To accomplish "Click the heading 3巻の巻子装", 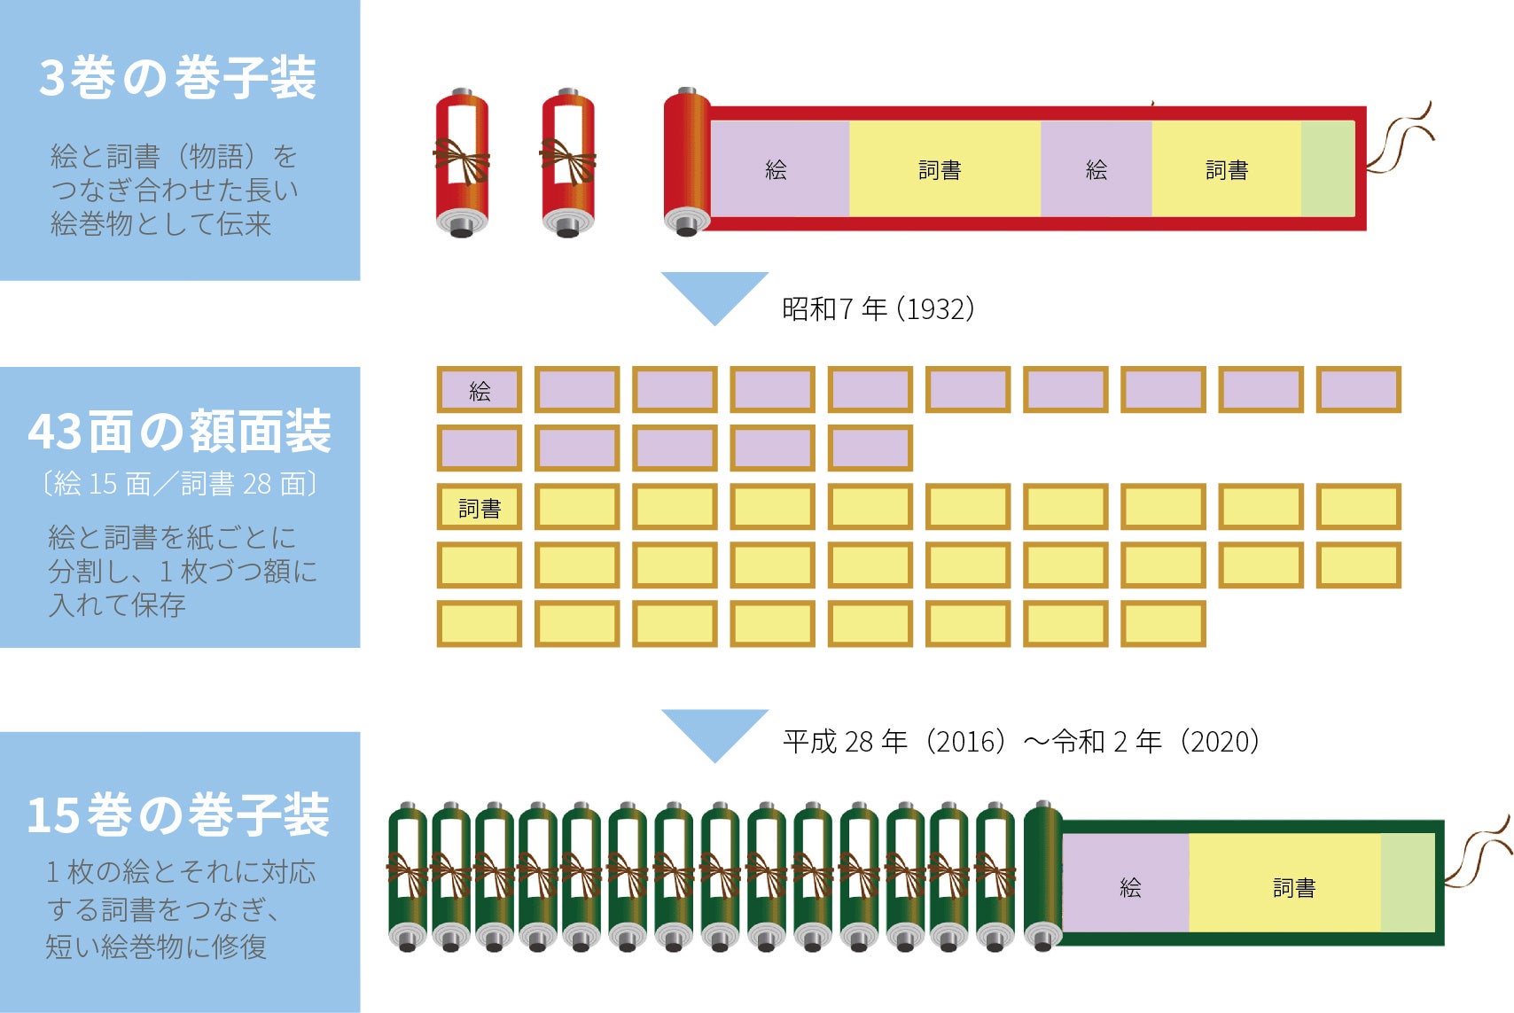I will (177, 77).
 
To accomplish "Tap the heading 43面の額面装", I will (179, 431).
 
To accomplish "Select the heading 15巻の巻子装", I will (178, 814).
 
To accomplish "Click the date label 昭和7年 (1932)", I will (878, 308).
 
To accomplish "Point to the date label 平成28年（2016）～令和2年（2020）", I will (1020, 741).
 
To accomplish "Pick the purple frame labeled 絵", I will (480, 390).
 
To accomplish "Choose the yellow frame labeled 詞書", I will (480, 508).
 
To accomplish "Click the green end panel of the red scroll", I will (1328, 168).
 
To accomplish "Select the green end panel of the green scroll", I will (1408, 883).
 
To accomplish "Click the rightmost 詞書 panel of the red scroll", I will (1227, 168).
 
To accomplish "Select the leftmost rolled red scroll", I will (461, 164).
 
